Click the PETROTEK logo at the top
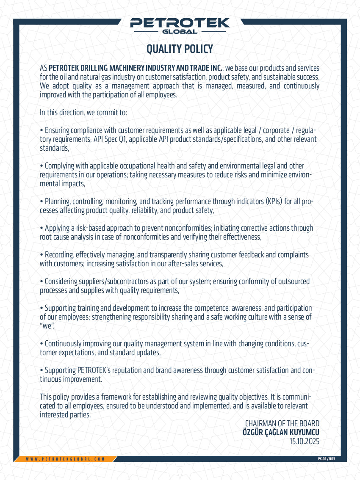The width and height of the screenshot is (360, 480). [x=180, y=23]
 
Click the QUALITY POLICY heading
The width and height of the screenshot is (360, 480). [x=180, y=49]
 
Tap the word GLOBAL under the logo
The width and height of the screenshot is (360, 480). [x=180, y=32]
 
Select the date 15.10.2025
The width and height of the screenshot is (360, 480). [x=304, y=441]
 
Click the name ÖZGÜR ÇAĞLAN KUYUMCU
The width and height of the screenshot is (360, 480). [x=280, y=433]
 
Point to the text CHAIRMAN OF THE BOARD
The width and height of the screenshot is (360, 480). [x=282, y=424]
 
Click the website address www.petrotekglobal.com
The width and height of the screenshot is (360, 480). [x=65, y=459]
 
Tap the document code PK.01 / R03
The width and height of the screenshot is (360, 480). [x=326, y=459]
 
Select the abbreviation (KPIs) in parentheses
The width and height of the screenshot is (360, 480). [x=277, y=201]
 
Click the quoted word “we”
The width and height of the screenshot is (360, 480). [x=47, y=326]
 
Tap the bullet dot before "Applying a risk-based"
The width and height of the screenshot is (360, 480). [x=42, y=228]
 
